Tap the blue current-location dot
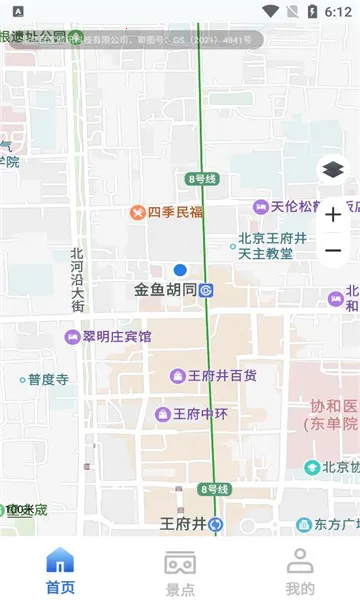click(180, 270)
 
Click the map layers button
click(333, 170)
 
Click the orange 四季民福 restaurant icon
click(138, 212)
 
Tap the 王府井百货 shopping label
click(222, 376)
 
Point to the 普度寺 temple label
click(47, 380)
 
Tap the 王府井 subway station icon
click(216, 524)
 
